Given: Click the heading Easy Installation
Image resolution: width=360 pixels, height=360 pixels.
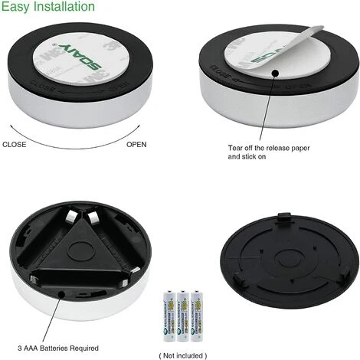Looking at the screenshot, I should click(48, 8).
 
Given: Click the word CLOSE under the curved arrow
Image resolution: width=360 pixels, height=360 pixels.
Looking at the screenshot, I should click(15, 143).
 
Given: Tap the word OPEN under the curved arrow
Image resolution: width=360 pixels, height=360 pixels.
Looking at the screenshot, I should click(137, 143).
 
